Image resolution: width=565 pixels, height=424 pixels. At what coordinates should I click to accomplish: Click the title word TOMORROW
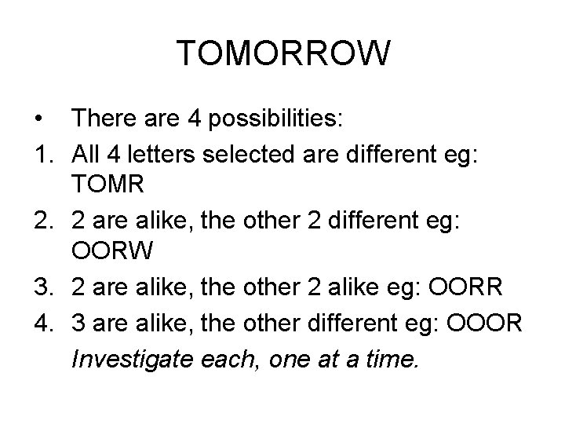point(282,54)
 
